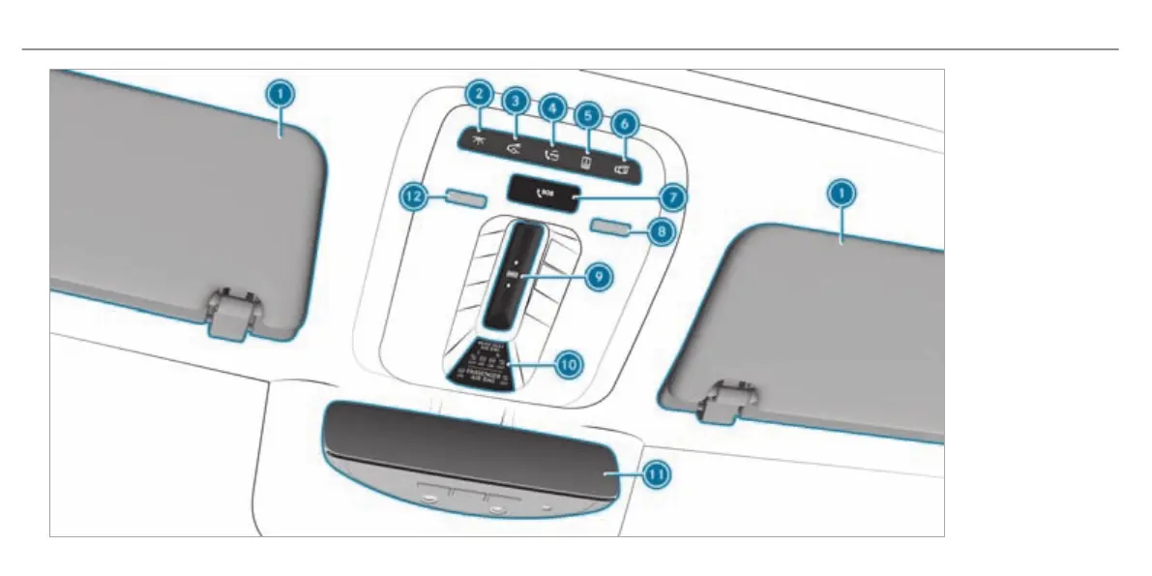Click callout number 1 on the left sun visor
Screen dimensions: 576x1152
[279, 94]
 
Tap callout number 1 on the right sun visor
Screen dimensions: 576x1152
[841, 195]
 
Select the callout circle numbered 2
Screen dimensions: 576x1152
[477, 94]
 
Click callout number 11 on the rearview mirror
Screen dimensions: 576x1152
[656, 474]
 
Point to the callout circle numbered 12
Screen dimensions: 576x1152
[412, 196]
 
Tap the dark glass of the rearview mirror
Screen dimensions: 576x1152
[464, 446]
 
